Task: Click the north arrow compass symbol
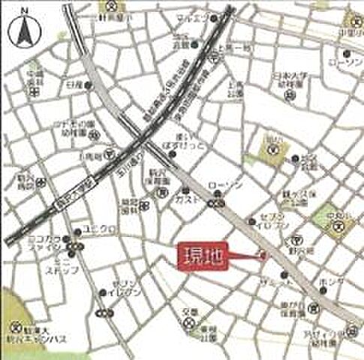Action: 22,30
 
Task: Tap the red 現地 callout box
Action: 200,257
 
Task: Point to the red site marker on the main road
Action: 262,256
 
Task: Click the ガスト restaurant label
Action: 188,199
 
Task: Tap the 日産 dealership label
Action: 73,85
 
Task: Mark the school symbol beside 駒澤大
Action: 15,328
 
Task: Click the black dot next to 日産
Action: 89,85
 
